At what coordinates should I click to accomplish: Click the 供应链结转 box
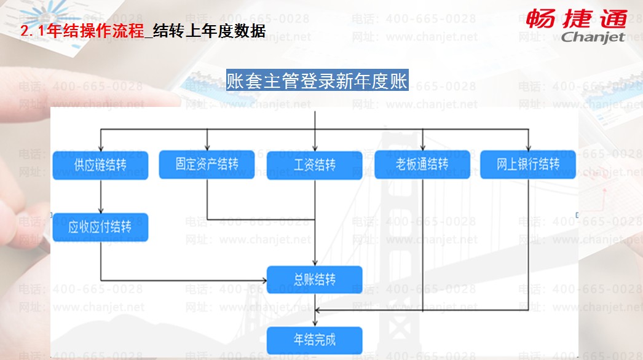pyautogui.click(x=100, y=165)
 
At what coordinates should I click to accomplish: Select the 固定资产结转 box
pyautogui.click(x=207, y=165)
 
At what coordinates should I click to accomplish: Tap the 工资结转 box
pyautogui.click(x=314, y=165)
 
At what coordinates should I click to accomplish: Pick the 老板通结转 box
pyautogui.click(x=422, y=165)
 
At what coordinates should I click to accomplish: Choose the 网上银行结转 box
pyautogui.click(x=528, y=165)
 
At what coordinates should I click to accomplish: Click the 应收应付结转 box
pyautogui.click(x=100, y=227)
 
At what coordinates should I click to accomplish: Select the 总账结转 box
pyautogui.click(x=314, y=280)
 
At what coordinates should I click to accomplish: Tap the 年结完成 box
pyautogui.click(x=314, y=339)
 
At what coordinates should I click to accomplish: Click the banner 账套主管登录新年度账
pyautogui.click(x=317, y=81)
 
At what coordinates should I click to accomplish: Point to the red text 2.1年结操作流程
pyautogui.click(x=81, y=31)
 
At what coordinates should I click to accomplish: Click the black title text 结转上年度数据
pyautogui.click(x=209, y=31)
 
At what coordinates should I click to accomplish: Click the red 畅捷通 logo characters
pyautogui.click(x=575, y=18)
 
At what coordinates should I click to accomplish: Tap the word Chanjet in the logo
pyautogui.click(x=593, y=37)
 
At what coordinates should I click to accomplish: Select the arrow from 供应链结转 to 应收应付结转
pyautogui.click(x=100, y=197)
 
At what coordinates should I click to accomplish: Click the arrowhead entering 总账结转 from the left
pyautogui.click(x=263, y=280)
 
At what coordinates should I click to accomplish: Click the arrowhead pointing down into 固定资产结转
pyautogui.click(x=207, y=148)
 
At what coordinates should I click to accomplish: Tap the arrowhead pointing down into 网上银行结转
pyautogui.click(x=528, y=148)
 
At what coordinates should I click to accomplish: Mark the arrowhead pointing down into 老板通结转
pyautogui.click(x=422, y=148)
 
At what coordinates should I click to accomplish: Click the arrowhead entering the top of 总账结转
pyautogui.click(x=315, y=263)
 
